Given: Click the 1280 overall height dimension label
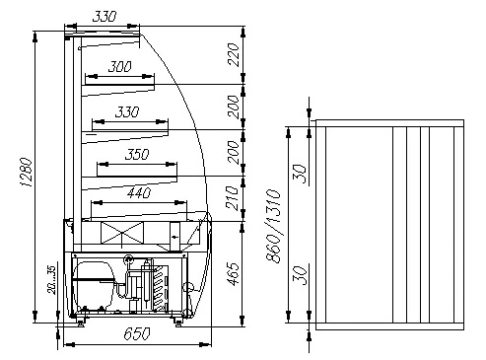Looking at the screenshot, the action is [27, 173].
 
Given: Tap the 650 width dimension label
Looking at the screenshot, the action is [137, 333].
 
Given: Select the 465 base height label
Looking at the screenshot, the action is [233, 274].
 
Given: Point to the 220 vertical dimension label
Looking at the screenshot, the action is [233, 54].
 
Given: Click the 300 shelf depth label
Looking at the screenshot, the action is [120, 67].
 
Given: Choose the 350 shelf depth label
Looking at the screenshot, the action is [137, 154].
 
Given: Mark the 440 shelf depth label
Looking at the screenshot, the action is [139, 192].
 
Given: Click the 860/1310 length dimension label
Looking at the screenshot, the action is [273, 226].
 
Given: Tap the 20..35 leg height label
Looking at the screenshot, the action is [51, 280].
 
